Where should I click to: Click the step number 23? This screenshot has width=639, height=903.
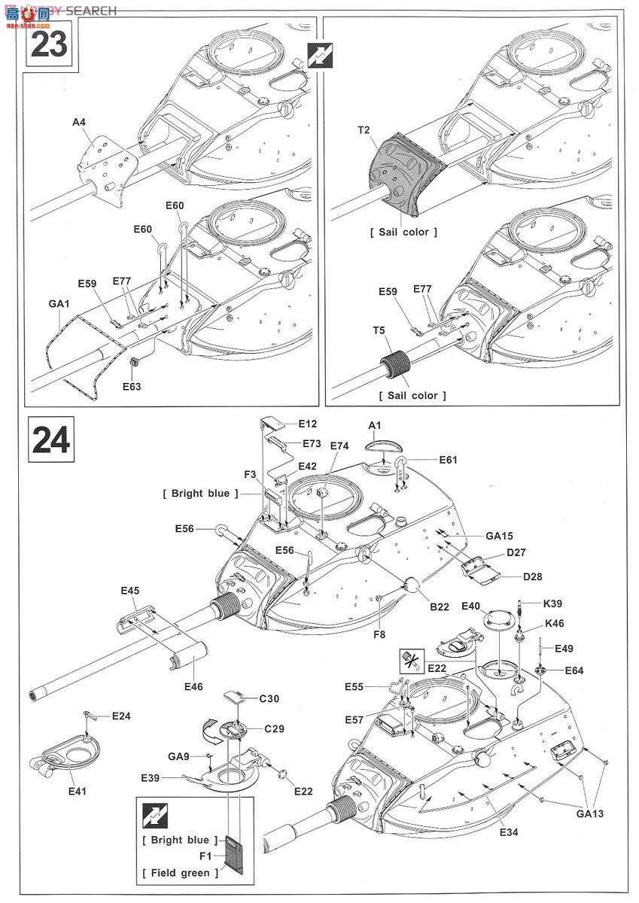pos(49,44)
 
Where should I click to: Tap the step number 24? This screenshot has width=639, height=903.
pos(50,439)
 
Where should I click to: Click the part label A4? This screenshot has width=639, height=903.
pos(79,122)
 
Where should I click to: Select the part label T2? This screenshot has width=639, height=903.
pos(364,130)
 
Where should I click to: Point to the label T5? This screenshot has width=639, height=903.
pos(379,330)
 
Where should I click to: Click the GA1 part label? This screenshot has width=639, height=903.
pos(59,303)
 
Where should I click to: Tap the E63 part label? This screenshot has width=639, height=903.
pos(132,386)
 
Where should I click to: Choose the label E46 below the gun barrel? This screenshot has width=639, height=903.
pos(193,686)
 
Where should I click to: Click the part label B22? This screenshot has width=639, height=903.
pos(440,607)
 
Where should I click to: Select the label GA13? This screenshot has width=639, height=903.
pos(590,813)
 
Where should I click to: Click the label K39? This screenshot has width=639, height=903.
pos(552,604)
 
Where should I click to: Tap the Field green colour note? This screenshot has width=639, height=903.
pos(180,870)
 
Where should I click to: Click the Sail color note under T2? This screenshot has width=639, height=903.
pos(403,232)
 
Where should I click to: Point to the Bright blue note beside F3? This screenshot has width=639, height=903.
pos(200,494)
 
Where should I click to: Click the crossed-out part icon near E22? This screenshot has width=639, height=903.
pos(411,661)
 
